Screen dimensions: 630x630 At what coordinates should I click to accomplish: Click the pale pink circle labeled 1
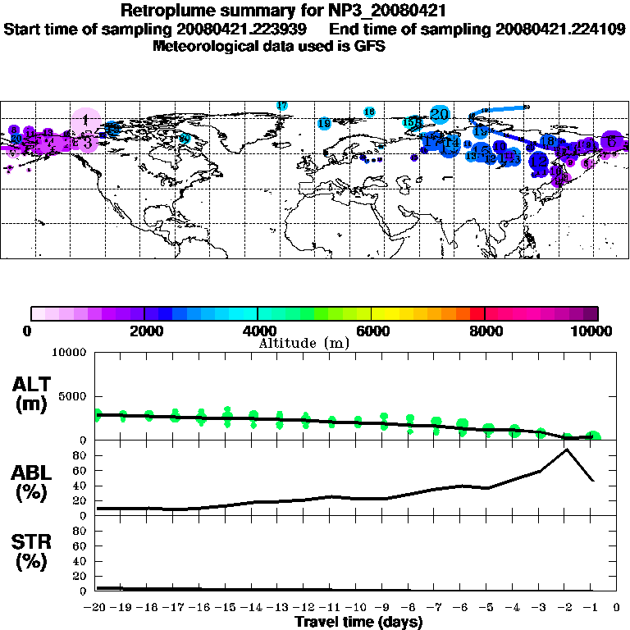click(x=85, y=121)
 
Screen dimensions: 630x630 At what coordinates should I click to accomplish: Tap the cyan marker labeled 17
click(x=282, y=106)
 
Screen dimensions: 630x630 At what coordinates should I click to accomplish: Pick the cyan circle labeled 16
click(x=369, y=112)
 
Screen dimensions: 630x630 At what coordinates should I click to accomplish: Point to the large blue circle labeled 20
click(x=440, y=115)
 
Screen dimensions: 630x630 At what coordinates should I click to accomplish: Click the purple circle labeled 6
click(x=611, y=140)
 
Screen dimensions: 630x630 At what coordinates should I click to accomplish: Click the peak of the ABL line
click(x=566, y=449)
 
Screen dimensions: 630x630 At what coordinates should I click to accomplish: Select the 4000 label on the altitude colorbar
click(x=258, y=331)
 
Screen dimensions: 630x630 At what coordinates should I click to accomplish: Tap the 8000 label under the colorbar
click(x=485, y=331)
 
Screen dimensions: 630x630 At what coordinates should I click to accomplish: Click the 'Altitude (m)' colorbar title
click(x=304, y=344)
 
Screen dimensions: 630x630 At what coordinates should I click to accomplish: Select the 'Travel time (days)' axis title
click(x=358, y=623)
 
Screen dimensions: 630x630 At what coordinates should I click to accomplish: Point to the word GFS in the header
click(x=370, y=46)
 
